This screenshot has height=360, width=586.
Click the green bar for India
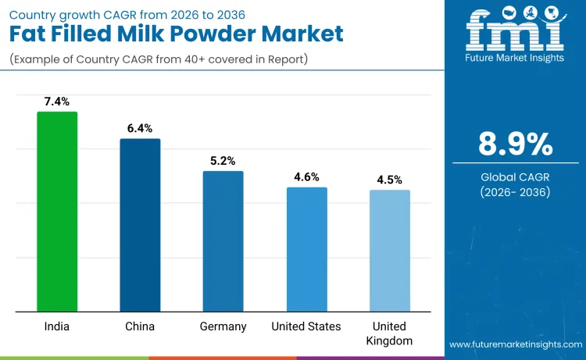(57, 212)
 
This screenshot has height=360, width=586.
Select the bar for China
(140, 225)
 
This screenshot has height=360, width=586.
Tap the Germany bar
(223, 241)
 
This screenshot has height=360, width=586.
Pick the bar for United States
(306, 249)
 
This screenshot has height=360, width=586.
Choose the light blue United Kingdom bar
(389, 251)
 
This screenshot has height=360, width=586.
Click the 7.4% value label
(57, 102)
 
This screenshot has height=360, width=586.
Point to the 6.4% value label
(140, 128)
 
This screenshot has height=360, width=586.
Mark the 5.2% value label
(223, 160)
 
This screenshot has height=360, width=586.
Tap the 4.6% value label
(306, 176)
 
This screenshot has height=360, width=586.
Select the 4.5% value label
(389, 180)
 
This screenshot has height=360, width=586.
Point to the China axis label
(140, 326)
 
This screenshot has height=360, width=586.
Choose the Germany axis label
(223, 326)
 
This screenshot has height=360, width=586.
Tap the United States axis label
(306, 326)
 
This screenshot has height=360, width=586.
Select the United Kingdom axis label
(389, 333)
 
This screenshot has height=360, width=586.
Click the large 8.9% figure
(515, 144)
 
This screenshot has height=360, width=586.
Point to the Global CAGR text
(515, 177)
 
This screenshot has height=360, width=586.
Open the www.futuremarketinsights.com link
(515, 344)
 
